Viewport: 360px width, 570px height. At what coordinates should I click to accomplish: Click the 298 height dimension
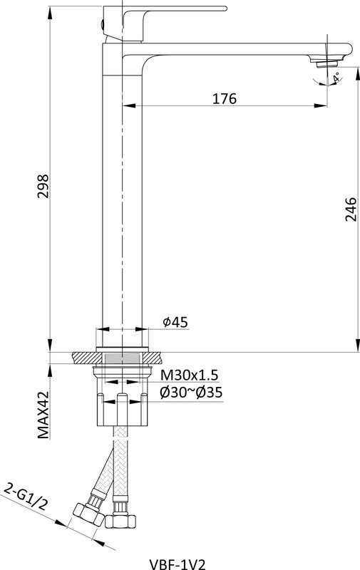tap(43, 186)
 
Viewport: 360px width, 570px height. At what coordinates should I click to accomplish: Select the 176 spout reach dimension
tap(225, 98)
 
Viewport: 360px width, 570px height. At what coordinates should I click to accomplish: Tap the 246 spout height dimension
tap(351, 209)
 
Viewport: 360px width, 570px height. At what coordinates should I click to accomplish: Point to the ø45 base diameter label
tap(175, 322)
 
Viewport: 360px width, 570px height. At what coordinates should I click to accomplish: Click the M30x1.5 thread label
tap(190, 374)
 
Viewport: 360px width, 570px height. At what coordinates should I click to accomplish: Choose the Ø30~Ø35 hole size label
tap(191, 393)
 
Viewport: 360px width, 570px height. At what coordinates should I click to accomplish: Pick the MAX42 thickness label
tap(43, 415)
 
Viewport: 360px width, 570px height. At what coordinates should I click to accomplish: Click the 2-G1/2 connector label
tap(26, 497)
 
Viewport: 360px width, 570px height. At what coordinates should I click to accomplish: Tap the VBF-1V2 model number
tap(178, 564)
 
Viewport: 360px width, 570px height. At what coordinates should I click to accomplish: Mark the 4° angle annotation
tap(336, 77)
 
